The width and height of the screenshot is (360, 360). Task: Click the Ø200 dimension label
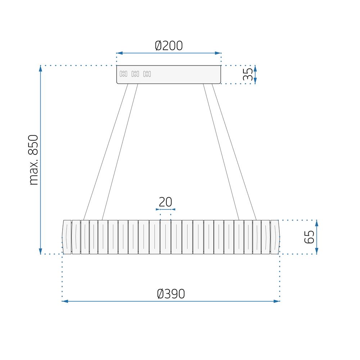tap(169, 46)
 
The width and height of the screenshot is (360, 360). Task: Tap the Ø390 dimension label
tap(171, 294)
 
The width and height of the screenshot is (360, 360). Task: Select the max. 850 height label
tap(33, 160)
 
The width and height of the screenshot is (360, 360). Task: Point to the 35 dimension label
tap(248, 75)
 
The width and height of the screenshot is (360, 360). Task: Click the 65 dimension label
tap(309, 237)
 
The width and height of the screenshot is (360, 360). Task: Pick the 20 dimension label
tap(166, 202)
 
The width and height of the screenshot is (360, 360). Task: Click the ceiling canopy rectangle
tap(169, 75)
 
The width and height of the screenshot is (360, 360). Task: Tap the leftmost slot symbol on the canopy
tap(123, 74)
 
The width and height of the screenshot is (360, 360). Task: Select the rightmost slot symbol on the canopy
tap(147, 74)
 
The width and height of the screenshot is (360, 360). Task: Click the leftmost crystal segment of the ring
tap(67, 237)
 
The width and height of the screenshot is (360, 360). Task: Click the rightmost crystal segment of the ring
tap(275, 237)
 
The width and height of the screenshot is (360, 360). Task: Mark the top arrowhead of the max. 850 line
tap(40, 68)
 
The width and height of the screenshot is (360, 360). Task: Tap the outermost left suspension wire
tap(105, 151)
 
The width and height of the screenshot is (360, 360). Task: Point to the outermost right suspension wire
tap(234, 151)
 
